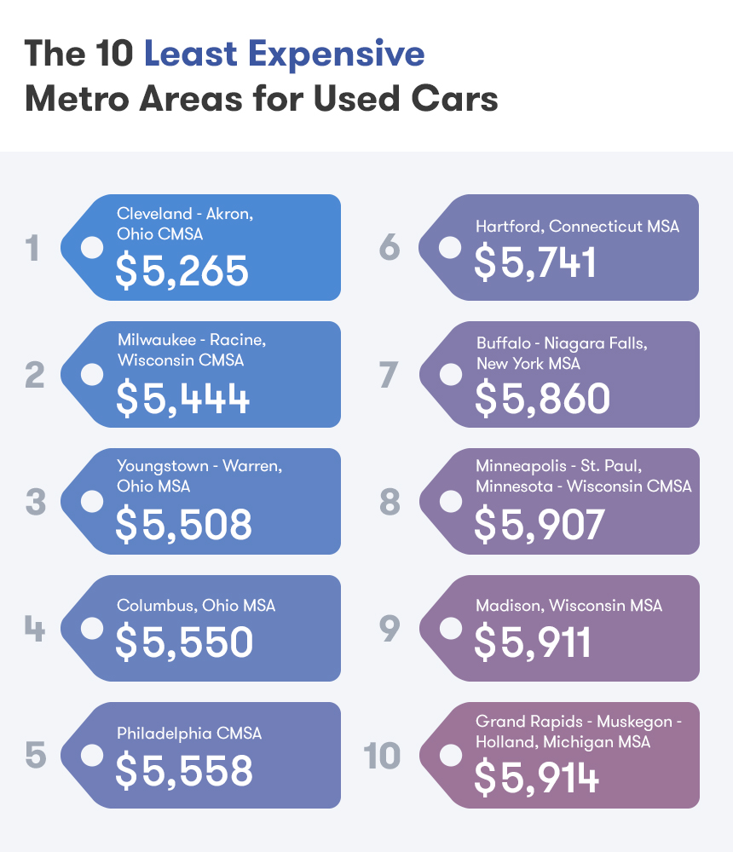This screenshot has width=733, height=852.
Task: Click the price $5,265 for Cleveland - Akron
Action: (182, 270)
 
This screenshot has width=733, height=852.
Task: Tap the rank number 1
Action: (32, 249)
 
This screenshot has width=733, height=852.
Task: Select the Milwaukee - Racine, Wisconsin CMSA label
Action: (192, 350)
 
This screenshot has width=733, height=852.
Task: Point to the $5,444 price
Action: (183, 398)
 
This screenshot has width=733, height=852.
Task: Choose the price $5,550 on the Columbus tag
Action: (184, 642)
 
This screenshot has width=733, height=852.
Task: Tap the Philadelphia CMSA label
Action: (189, 733)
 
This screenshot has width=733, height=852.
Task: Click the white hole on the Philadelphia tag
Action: (91, 755)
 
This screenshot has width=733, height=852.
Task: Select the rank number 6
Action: (390, 248)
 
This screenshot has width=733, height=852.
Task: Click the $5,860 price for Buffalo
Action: (542, 398)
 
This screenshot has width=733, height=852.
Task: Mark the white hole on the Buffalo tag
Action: (450, 374)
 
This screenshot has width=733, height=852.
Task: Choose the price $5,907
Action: (540, 524)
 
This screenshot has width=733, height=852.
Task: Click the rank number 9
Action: (390, 629)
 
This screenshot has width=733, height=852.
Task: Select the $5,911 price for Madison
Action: (533, 642)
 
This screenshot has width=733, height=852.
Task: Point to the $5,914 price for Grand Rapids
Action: (537, 778)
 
